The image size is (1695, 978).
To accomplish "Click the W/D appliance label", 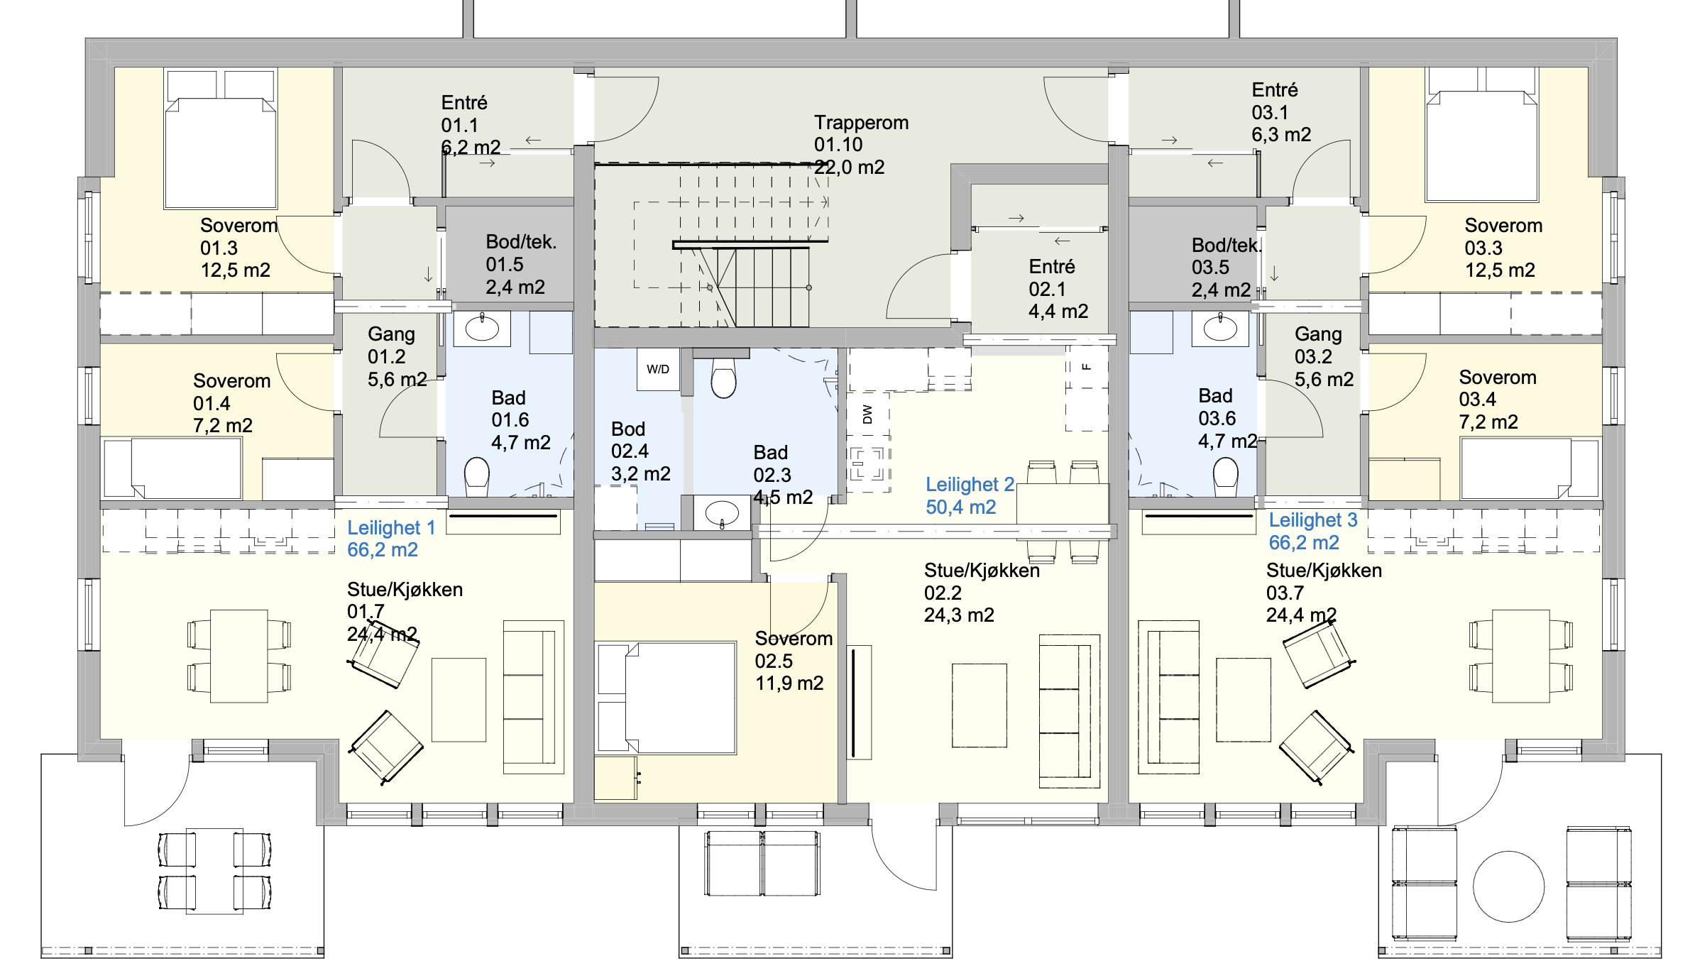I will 657,369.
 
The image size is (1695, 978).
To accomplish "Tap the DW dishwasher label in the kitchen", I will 867,414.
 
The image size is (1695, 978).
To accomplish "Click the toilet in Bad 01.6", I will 476,476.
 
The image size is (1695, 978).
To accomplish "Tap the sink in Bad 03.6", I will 1219,329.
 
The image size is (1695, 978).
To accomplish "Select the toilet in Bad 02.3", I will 723,378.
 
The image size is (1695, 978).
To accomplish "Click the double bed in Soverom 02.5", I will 667,697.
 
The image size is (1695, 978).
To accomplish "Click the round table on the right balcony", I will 1508,886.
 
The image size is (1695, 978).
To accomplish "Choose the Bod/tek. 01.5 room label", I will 520,264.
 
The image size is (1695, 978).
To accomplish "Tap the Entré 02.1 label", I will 1058,288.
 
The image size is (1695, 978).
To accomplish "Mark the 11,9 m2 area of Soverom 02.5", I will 789,683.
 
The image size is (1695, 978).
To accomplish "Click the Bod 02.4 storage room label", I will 640,451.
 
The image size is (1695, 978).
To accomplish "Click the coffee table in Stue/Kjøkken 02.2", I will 979,705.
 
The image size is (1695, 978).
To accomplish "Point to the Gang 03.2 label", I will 1323,356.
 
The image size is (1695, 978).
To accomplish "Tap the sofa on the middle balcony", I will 762,863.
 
